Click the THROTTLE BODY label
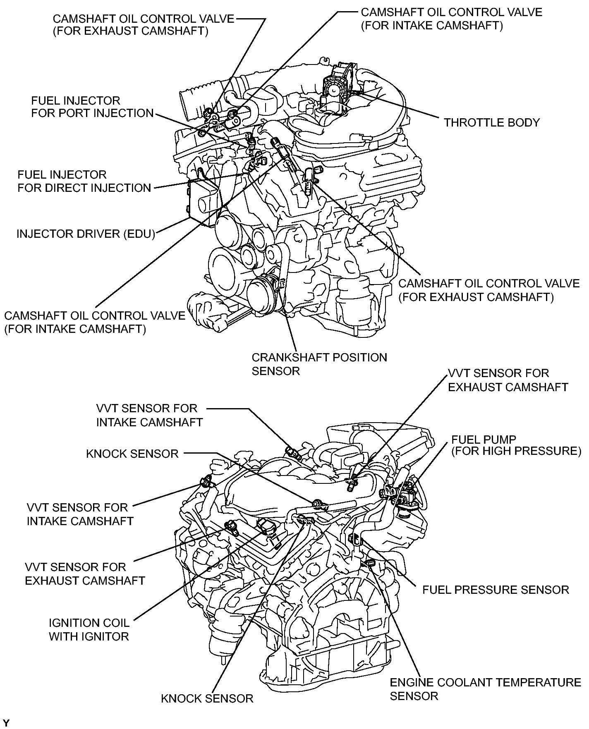pyautogui.click(x=491, y=122)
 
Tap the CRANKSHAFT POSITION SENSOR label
pyautogui.click(x=319, y=364)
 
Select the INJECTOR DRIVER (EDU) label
pyautogui.click(x=86, y=234)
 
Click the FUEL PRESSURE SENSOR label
pyautogui.click(x=495, y=590)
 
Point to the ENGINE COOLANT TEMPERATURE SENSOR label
pyautogui.click(x=485, y=688)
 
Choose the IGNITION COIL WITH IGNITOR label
pyautogui.click(x=89, y=629)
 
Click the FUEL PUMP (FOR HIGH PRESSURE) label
pyautogui.click(x=516, y=445)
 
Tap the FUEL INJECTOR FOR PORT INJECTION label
pyautogui.click(x=92, y=107)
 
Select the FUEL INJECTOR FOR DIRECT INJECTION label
pyautogui.click(x=84, y=181)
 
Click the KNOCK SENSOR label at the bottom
pyautogui.click(x=207, y=699)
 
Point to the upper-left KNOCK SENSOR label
pyautogui.click(x=132, y=454)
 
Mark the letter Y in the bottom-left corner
pyautogui.click(x=6, y=723)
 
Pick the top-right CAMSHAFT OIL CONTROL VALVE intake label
pyautogui.click(x=451, y=19)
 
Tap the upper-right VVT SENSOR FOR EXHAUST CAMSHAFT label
pyautogui.click(x=508, y=380)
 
